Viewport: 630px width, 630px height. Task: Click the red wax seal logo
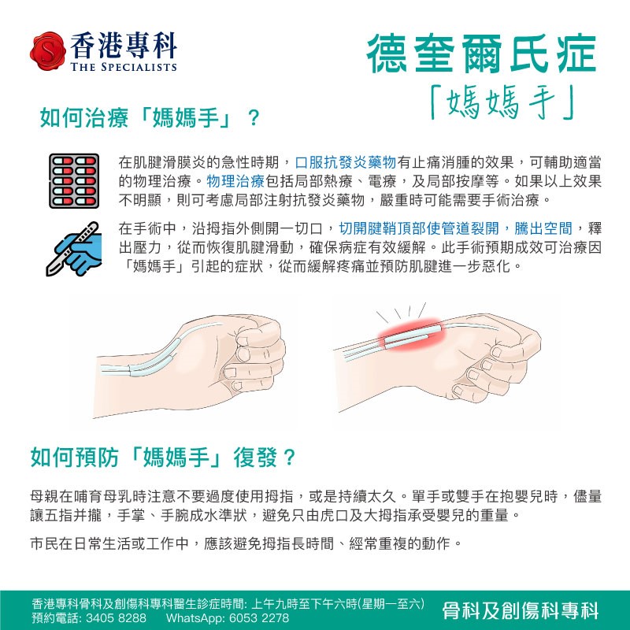click(48, 51)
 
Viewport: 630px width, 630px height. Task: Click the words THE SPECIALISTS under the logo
click(124, 67)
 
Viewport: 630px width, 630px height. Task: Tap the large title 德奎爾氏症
click(481, 54)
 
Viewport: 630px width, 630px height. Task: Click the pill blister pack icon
click(74, 181)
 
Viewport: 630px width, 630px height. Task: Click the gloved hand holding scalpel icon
click(73, 249)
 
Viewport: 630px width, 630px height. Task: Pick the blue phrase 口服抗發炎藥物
click(346, 162)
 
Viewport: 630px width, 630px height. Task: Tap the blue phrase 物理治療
click(235, 181)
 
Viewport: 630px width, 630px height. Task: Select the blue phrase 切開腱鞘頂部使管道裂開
click(419, 228)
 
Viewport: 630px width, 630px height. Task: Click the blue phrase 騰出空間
click(543, 228)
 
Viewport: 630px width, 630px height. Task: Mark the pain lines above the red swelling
click(401, 312)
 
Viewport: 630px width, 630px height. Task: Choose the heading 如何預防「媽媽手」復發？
click(163, 458)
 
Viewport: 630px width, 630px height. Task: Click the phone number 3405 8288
click(116, 617)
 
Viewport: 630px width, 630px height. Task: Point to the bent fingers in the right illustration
click(495, 369)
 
